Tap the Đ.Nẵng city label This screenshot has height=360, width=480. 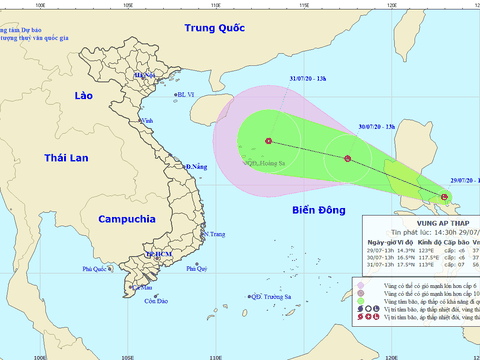click(x=195, y=166)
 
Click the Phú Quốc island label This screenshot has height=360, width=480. click(x=96, y=269)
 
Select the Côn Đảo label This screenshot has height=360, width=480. click(x=154, y=301)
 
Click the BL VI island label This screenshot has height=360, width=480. click(x=190, y=95)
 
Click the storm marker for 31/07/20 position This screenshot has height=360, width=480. click(x=269, y=140)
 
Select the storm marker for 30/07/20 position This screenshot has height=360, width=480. click(x=347, y=158)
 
